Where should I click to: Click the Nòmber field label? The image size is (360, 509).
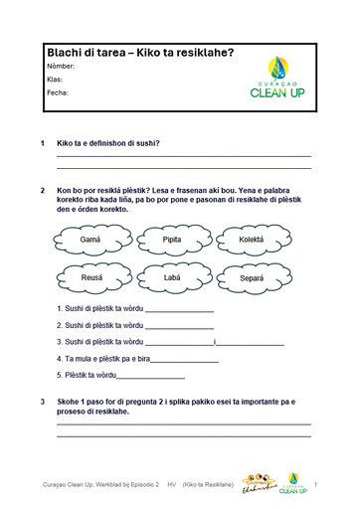61,66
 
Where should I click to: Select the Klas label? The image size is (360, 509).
55,80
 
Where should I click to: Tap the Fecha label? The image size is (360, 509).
57,92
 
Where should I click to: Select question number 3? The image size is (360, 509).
42,402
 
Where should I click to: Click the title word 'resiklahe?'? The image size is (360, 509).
205,52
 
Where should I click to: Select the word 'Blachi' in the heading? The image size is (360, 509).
67,52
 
